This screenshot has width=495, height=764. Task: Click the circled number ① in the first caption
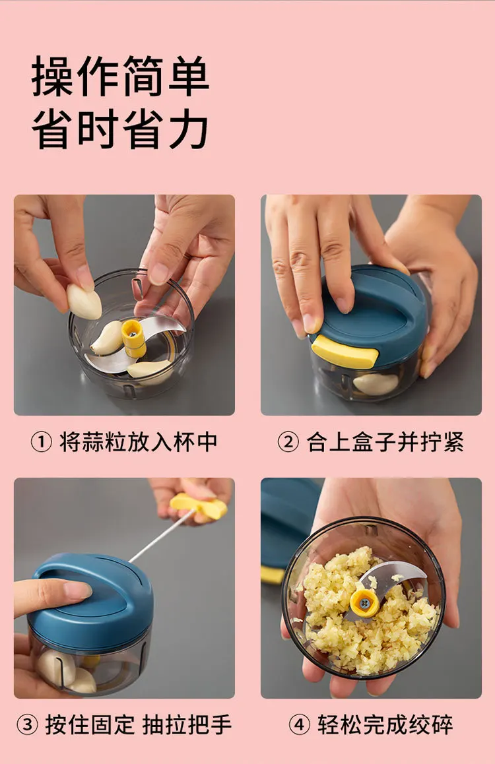pyautogui.click(x=41, y=443)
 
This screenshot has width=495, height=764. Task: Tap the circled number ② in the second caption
pyautogui.click(x=288, y=443)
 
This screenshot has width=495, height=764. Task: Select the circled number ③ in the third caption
pyautogui.click(x=27, y=724)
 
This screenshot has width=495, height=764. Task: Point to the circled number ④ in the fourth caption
pyautogui.click(x=299, y=724)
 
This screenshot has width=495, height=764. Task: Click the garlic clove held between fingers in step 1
pyautogui.click(x=84, y=302)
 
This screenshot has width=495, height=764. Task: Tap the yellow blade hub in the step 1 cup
pyautogui.click(x=133, y=338)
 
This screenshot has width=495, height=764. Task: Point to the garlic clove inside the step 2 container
pyautogui.click(x=375, y=383)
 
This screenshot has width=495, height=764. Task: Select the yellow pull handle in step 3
pyautogui.click(x=198, y=507)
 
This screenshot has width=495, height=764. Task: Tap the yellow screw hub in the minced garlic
pyautogui.click(x=364, y=604)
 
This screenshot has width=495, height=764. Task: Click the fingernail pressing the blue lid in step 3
pyautogui.click(x=78, y=590)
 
